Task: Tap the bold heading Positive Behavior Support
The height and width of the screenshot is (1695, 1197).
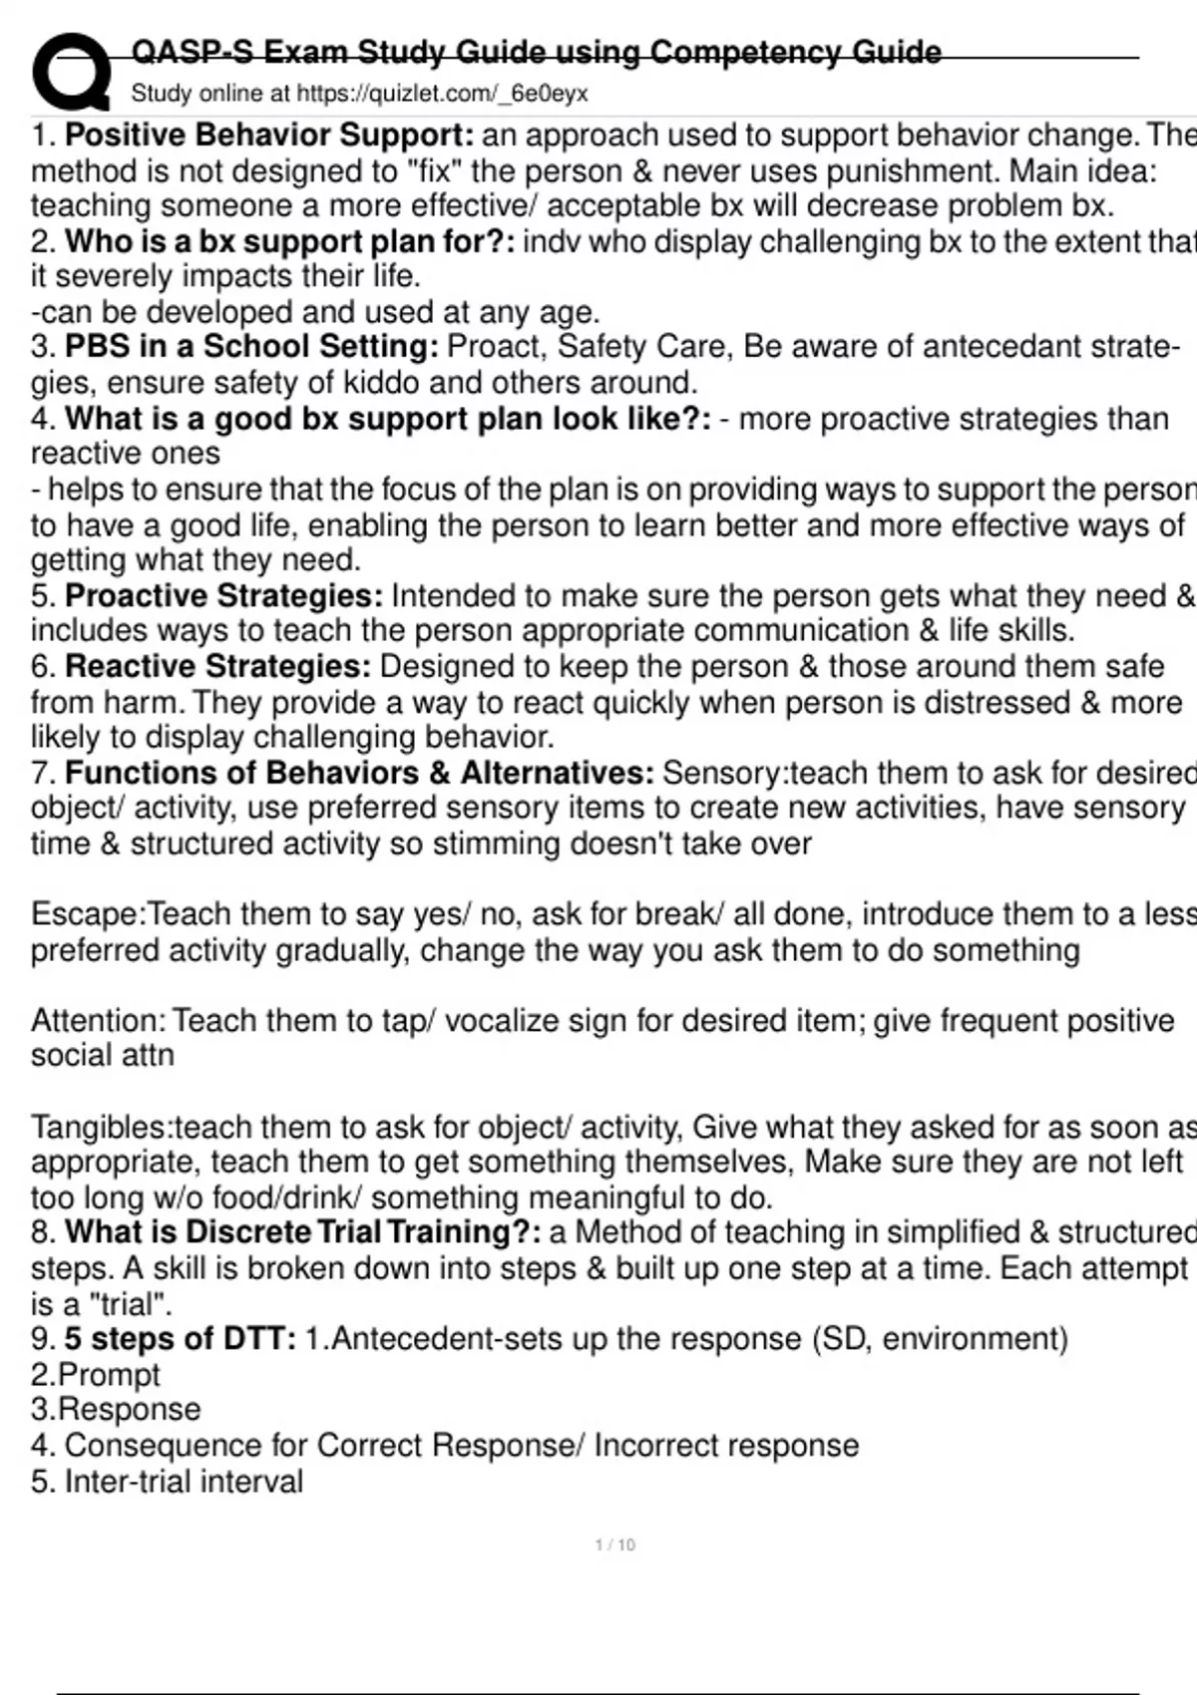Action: (269, 135)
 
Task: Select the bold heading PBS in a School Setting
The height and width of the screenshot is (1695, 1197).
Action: (251, 346)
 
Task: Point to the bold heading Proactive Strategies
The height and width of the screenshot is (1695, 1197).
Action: (223, 595)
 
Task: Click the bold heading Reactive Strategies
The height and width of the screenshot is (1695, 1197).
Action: (217, 665)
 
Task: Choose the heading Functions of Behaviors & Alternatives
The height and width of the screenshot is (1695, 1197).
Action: (359, 772)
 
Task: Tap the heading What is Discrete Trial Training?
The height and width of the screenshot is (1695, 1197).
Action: (303, 1231)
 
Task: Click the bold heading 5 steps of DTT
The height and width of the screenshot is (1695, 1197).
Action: (181, 1338)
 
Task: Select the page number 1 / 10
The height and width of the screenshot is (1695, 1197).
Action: (614, 1544)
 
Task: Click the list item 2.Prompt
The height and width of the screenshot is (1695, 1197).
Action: (95, 1374)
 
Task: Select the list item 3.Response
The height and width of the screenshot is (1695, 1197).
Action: (116, 1409)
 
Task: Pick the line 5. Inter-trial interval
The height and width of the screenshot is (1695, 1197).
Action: (167, 1481)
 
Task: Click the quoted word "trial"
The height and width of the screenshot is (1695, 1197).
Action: (123, 1303)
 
